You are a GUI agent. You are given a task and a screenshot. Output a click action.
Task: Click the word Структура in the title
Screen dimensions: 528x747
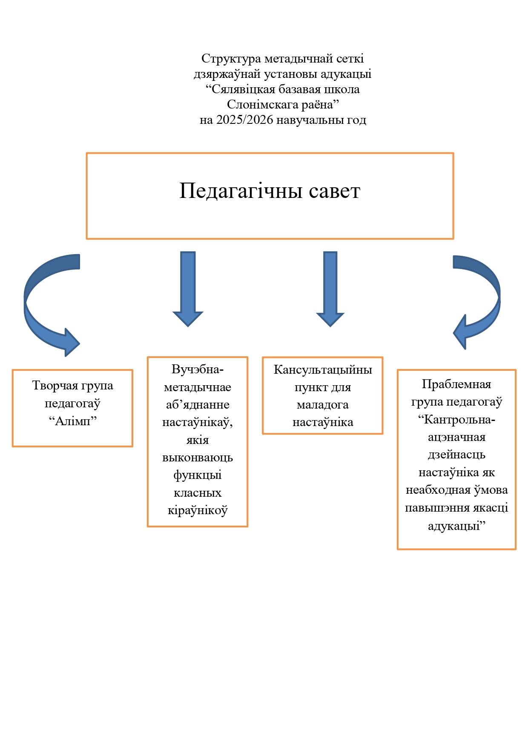coord(231,59)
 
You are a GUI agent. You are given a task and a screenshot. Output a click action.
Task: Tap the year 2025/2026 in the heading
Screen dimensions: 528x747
coord(244,120)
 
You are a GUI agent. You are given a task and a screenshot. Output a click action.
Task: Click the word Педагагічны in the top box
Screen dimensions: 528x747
coord(241,191)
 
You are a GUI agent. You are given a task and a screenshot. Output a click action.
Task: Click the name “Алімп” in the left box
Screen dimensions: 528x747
coord(73,421)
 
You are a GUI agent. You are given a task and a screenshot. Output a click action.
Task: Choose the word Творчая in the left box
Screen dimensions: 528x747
coord(53,386)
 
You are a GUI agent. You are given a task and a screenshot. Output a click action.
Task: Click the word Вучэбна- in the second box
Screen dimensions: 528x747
coord(198,369)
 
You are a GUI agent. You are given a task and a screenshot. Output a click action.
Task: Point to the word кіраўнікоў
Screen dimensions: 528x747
coord(198,510)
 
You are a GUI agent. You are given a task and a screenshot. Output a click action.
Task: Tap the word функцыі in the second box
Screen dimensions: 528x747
coord(198,475)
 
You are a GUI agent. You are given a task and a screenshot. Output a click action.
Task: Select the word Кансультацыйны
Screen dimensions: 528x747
coord(323,369)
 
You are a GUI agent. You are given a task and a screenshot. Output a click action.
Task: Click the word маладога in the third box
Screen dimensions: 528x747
coord(323,405)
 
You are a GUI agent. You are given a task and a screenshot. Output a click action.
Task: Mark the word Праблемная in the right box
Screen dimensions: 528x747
coord(456,384)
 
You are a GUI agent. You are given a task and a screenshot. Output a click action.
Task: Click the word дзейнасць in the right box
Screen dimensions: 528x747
coord(456,455)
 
